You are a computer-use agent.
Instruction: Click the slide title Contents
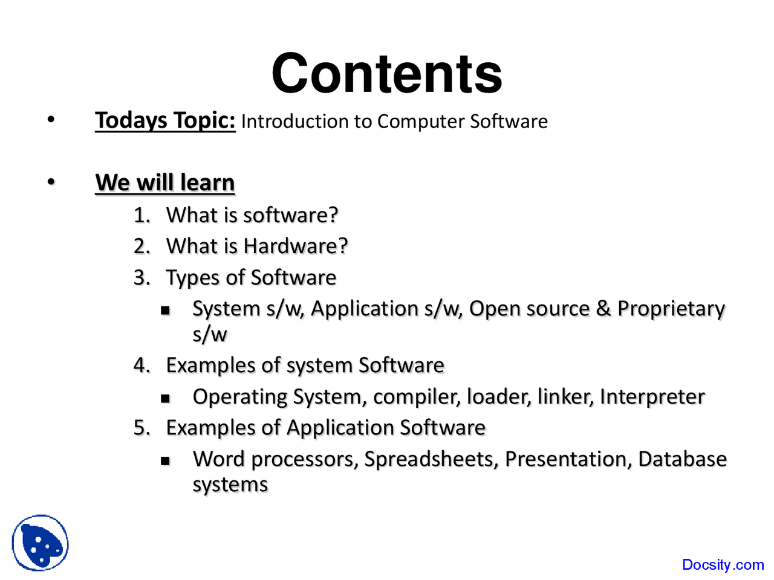click(387, 73)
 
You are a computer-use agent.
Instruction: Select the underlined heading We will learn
click(165, 182)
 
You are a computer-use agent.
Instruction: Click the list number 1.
click(141, 215)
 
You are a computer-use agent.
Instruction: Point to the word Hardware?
click(296, 246)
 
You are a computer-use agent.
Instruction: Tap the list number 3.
click(141, 277)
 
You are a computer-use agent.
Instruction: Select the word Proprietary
click(671, 309)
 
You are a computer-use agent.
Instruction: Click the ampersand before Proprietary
click(603, 309)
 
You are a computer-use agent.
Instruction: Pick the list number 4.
click(141, 365)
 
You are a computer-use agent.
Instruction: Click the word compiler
click(417, 398)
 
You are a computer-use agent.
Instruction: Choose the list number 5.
click(141, 428)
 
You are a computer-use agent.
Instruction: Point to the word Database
click(682, 459)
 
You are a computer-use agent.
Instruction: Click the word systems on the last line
click(230, 485)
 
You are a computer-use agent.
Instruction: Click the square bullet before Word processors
click(165, 461)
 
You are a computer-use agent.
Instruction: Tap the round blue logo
click(40, 543)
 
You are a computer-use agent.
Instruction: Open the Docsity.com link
click(723, 565)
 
